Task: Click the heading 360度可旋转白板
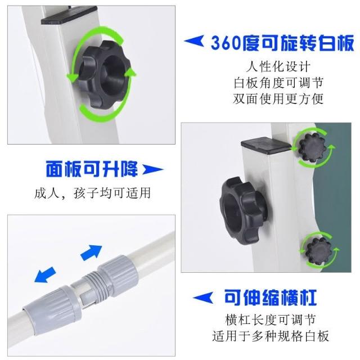coord(282,43)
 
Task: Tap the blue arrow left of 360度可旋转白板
coord(194,41)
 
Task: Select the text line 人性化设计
coord(278,67)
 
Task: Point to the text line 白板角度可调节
coord(278,83)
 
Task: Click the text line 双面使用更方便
coord(278,99)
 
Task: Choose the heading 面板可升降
coord(92,169)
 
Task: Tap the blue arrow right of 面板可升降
coord(152,170)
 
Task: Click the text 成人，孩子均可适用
coord(92,193)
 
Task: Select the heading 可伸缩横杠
coord(271,298)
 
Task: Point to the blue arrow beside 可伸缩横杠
coord(202,298)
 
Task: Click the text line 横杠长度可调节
coord(271,320)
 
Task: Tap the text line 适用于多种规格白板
coord(271,336)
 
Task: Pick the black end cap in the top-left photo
coord(69,15)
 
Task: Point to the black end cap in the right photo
coord(266,145)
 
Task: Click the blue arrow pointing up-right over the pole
coord(91,253)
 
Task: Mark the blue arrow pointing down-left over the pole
coord(45,274)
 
